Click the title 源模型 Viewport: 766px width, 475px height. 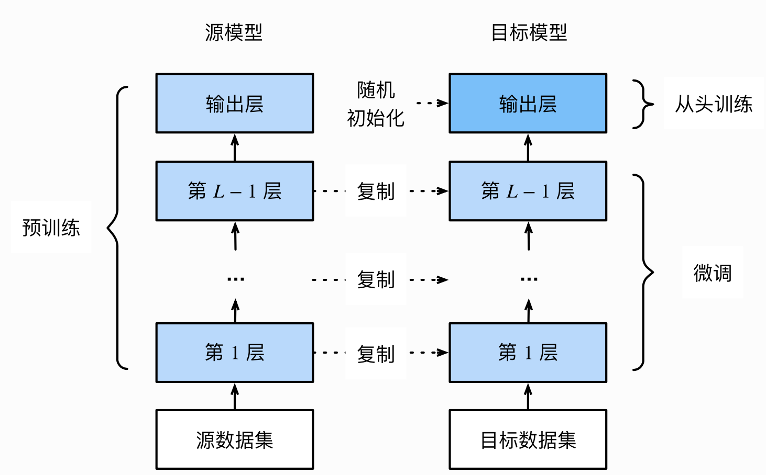234,32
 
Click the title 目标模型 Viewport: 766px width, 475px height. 529,32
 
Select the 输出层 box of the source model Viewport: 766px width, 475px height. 235,103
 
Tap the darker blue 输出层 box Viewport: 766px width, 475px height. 528,103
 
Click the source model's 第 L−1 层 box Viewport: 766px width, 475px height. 235,191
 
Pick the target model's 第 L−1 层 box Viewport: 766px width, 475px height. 528,191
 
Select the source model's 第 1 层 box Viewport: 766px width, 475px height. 235,352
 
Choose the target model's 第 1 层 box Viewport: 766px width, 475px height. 528,352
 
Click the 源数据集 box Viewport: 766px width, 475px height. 235,439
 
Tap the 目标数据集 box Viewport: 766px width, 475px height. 528,439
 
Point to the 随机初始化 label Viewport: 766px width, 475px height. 376,104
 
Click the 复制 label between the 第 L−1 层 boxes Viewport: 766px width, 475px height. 376,191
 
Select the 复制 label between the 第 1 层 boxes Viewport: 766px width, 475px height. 376,354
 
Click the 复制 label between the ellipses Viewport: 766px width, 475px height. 376,279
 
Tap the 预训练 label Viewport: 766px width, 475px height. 51,228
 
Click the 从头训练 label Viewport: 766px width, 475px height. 713,104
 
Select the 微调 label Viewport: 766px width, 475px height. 712,273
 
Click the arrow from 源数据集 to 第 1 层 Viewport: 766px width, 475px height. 235,396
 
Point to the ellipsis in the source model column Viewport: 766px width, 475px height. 235,279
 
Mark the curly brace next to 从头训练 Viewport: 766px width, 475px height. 642,104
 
